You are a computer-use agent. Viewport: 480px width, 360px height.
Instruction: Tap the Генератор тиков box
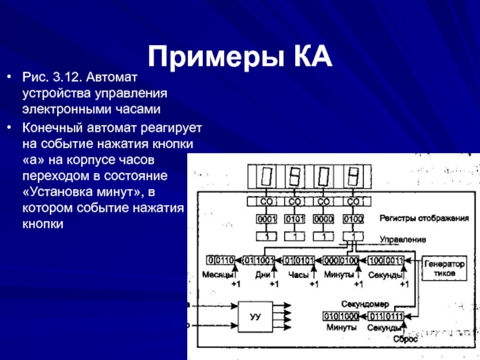click(445, 268)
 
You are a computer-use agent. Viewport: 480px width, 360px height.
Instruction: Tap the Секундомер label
click(366, 304)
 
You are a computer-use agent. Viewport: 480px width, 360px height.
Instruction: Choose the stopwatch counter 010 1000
click(341, 316)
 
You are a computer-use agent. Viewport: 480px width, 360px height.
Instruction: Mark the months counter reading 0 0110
click(221, 260)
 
